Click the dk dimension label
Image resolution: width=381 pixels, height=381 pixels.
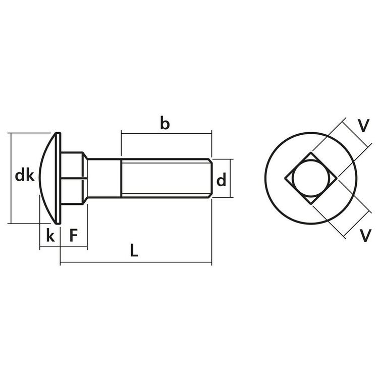tap(24, 176)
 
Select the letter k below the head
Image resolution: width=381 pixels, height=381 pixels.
tap(49, 235)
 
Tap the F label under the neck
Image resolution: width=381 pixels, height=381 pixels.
tap(74, 235)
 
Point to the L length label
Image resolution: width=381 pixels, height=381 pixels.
tap(134, 250)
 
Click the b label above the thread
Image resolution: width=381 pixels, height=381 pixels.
tap(165, 123)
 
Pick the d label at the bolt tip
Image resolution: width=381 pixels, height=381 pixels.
tap(221, 180)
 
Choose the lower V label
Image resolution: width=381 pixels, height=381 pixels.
tap(363, 234)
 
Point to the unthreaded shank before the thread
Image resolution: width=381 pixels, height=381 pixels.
tap(104, 178)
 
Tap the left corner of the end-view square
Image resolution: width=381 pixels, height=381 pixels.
tap(286, 178)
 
